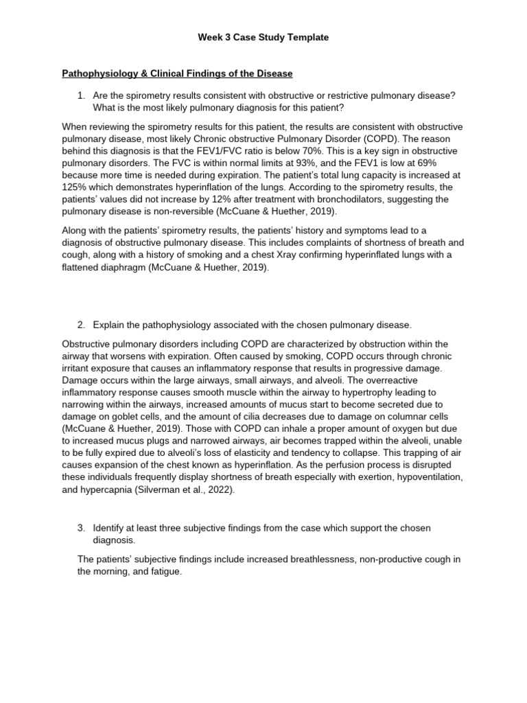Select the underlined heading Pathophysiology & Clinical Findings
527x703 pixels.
[177, 73]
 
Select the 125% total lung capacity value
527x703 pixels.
[73, 187]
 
